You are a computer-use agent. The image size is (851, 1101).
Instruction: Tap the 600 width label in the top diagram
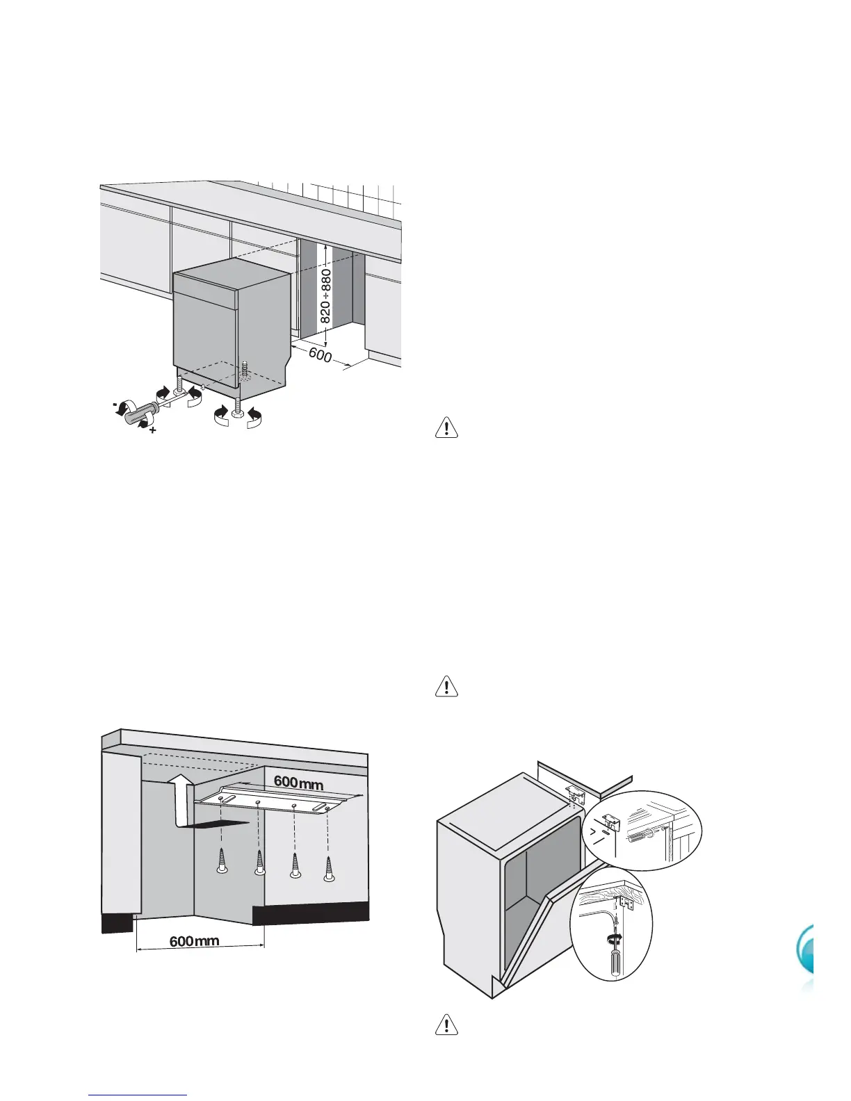[x=321, y=354]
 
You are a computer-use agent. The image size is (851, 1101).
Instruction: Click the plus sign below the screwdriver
[x=152, y=432]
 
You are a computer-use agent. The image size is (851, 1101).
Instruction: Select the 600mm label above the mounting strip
[x=298, y=783]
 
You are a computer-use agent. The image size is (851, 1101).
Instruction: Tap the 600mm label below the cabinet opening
[x=195, y=942]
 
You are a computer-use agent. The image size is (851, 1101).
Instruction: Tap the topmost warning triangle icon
[x=446, y=427]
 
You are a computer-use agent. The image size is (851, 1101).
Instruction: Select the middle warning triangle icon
[x=446, y=686]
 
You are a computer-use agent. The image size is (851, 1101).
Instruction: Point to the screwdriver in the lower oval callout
[x=615, y=956]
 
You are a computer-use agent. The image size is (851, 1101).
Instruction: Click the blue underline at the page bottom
[x=138, y=1095]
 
